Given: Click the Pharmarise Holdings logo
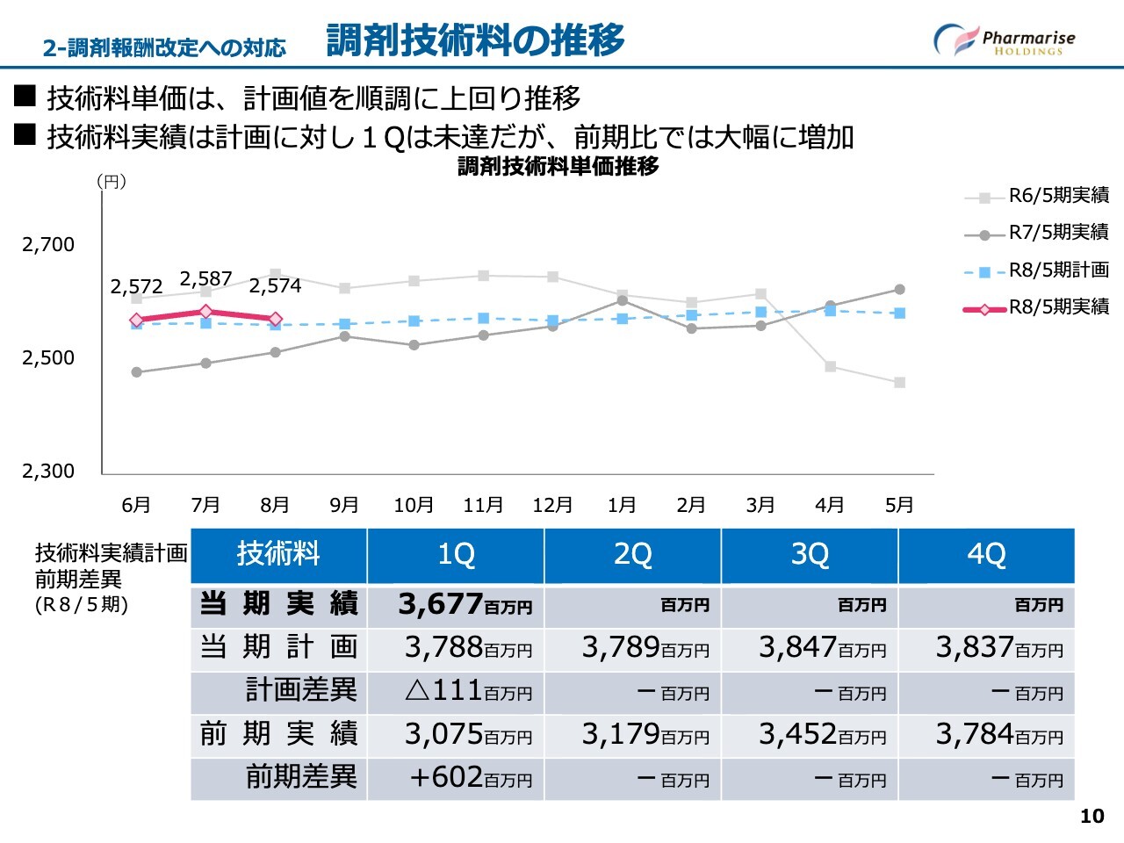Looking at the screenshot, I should [1004, 40].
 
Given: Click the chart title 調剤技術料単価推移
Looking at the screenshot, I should [558, 166].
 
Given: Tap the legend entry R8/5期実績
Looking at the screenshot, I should [1058, 307].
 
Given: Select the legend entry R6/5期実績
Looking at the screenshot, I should [1058, 196].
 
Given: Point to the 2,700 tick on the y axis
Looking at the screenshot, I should [48, 245].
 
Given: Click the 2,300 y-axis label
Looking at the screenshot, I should [48, 472].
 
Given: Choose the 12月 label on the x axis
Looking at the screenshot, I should [552, 506].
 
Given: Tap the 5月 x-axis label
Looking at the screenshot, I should [899, 506].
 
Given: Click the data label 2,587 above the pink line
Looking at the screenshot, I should [205, 279].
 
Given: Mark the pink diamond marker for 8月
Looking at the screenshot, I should [275, 320].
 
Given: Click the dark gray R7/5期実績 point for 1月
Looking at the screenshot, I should [622, 300].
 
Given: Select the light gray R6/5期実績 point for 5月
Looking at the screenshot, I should [900, 383].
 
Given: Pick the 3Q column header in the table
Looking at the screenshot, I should [809, 555].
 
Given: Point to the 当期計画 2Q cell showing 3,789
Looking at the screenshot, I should [632, 648].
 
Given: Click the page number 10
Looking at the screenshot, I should [1092, 817].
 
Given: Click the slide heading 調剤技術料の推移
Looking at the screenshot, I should [475, 40].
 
